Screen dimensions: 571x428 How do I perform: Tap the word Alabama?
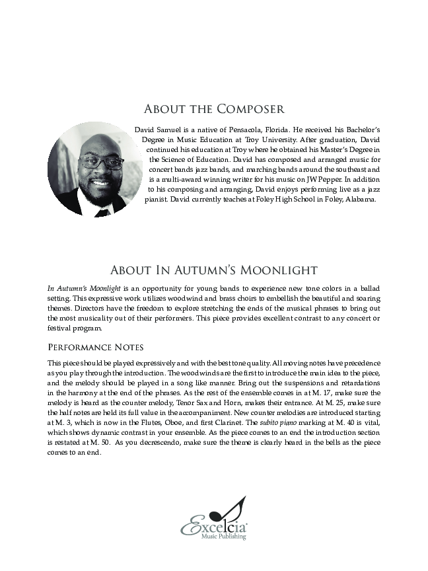pos(359,198)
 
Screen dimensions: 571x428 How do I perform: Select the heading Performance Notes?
pos(95,348)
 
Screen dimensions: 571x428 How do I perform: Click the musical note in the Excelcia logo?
pos(236,510)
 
